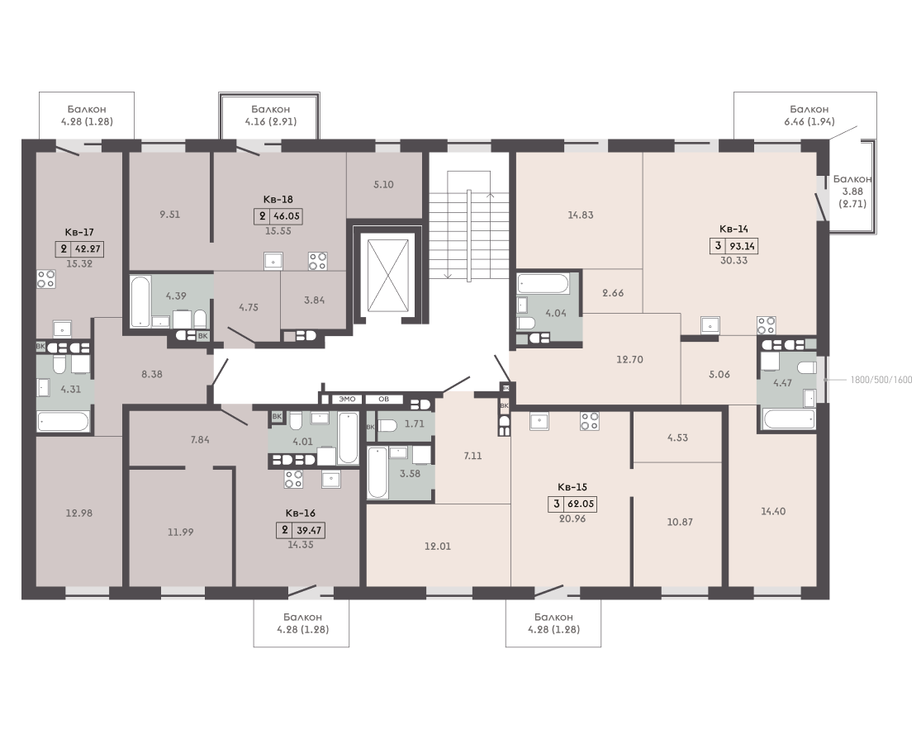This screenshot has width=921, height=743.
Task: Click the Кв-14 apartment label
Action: point(733,229)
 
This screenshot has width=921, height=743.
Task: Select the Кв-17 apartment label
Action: point(79,233)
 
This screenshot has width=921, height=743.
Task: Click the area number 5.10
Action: point(383,184)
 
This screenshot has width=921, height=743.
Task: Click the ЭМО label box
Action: point(347,399)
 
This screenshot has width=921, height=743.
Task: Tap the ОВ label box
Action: point(383,399)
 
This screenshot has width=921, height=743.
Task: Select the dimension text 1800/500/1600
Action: point(881,380)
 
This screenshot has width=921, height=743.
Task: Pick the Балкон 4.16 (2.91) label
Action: point(271,115)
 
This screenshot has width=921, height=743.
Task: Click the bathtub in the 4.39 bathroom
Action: point(141,301)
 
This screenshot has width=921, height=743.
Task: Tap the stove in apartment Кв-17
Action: point(45,278)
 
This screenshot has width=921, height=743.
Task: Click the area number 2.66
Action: point(613,293)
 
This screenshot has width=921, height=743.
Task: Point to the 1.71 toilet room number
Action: point(415,424)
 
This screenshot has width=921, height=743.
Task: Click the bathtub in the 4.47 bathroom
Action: point(789,419)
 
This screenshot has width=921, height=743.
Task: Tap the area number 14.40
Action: point(773,511)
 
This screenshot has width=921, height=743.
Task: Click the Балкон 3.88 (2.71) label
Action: point(852,192)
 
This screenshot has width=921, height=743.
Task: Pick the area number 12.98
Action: point(79,513)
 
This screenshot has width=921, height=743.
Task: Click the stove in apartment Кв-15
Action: point(590,421)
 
